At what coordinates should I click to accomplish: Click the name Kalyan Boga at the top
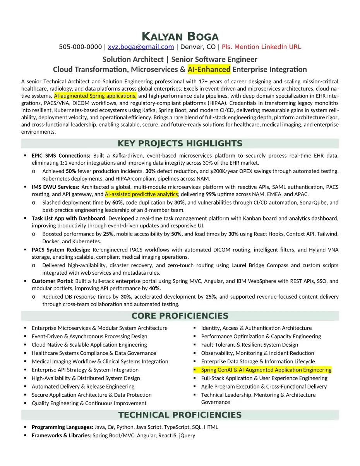(180, 37)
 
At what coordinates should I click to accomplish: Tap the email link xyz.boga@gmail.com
(141, 47)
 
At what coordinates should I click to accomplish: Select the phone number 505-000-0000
(80, 47)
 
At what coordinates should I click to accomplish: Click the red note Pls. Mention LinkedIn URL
(261, 47)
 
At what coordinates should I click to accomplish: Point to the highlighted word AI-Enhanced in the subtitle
(209, 70)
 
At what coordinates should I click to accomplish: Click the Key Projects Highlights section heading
(180, 144)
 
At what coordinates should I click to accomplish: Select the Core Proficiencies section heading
(180, 316)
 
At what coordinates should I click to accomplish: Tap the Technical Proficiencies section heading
(180, 415)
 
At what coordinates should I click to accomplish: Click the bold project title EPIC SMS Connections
(61, 156)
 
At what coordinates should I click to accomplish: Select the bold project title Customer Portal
(53, 281)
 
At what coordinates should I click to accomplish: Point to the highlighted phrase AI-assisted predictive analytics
(141, 194)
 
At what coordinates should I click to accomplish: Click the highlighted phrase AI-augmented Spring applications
(95, 96)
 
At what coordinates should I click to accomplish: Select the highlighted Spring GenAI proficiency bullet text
(266, 370)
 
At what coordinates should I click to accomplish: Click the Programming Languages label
(62, 427)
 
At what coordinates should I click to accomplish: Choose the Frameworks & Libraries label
(61, 435)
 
